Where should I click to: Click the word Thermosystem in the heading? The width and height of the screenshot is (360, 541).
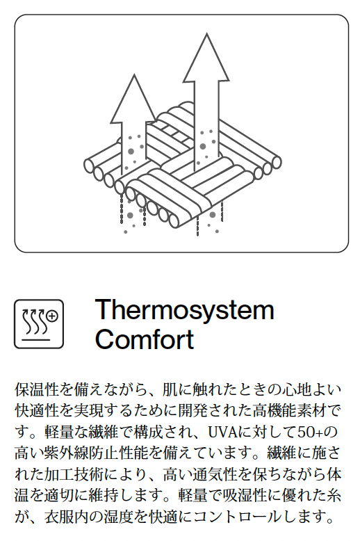pyautogui.click(x=184, y=310)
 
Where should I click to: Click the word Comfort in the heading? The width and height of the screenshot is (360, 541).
pyautogui.click(x=145, y=339)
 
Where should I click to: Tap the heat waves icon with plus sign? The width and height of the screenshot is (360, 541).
pyautogui.click(x=39, y=324)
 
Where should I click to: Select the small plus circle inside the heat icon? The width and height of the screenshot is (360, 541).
pyautogui.click(x=52, y=316)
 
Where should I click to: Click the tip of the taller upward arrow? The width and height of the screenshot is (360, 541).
pyautogui.click(x=206, y=33)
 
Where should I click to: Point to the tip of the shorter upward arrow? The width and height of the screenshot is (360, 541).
pyautogui.click(x=134, y=74)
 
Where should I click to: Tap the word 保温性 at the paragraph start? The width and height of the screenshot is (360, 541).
pyautogui.click(x=37, y=389)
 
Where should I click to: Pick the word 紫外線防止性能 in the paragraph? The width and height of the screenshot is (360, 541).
pyautogui.click(x=96, y=453)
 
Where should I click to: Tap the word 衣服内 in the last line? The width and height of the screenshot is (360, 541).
pyautogui.click(x=66, y=517)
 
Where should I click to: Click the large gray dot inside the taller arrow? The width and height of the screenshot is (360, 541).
pyautogui.click(x=203, y=147)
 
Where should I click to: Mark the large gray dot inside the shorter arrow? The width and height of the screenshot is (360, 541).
pyautogui.click(x=131, y=152)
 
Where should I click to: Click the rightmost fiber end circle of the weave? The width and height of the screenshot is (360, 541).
pyautogui.click(x=277, y=163)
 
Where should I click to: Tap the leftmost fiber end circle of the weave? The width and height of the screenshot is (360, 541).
pyautogui.click(x=90, y=165)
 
